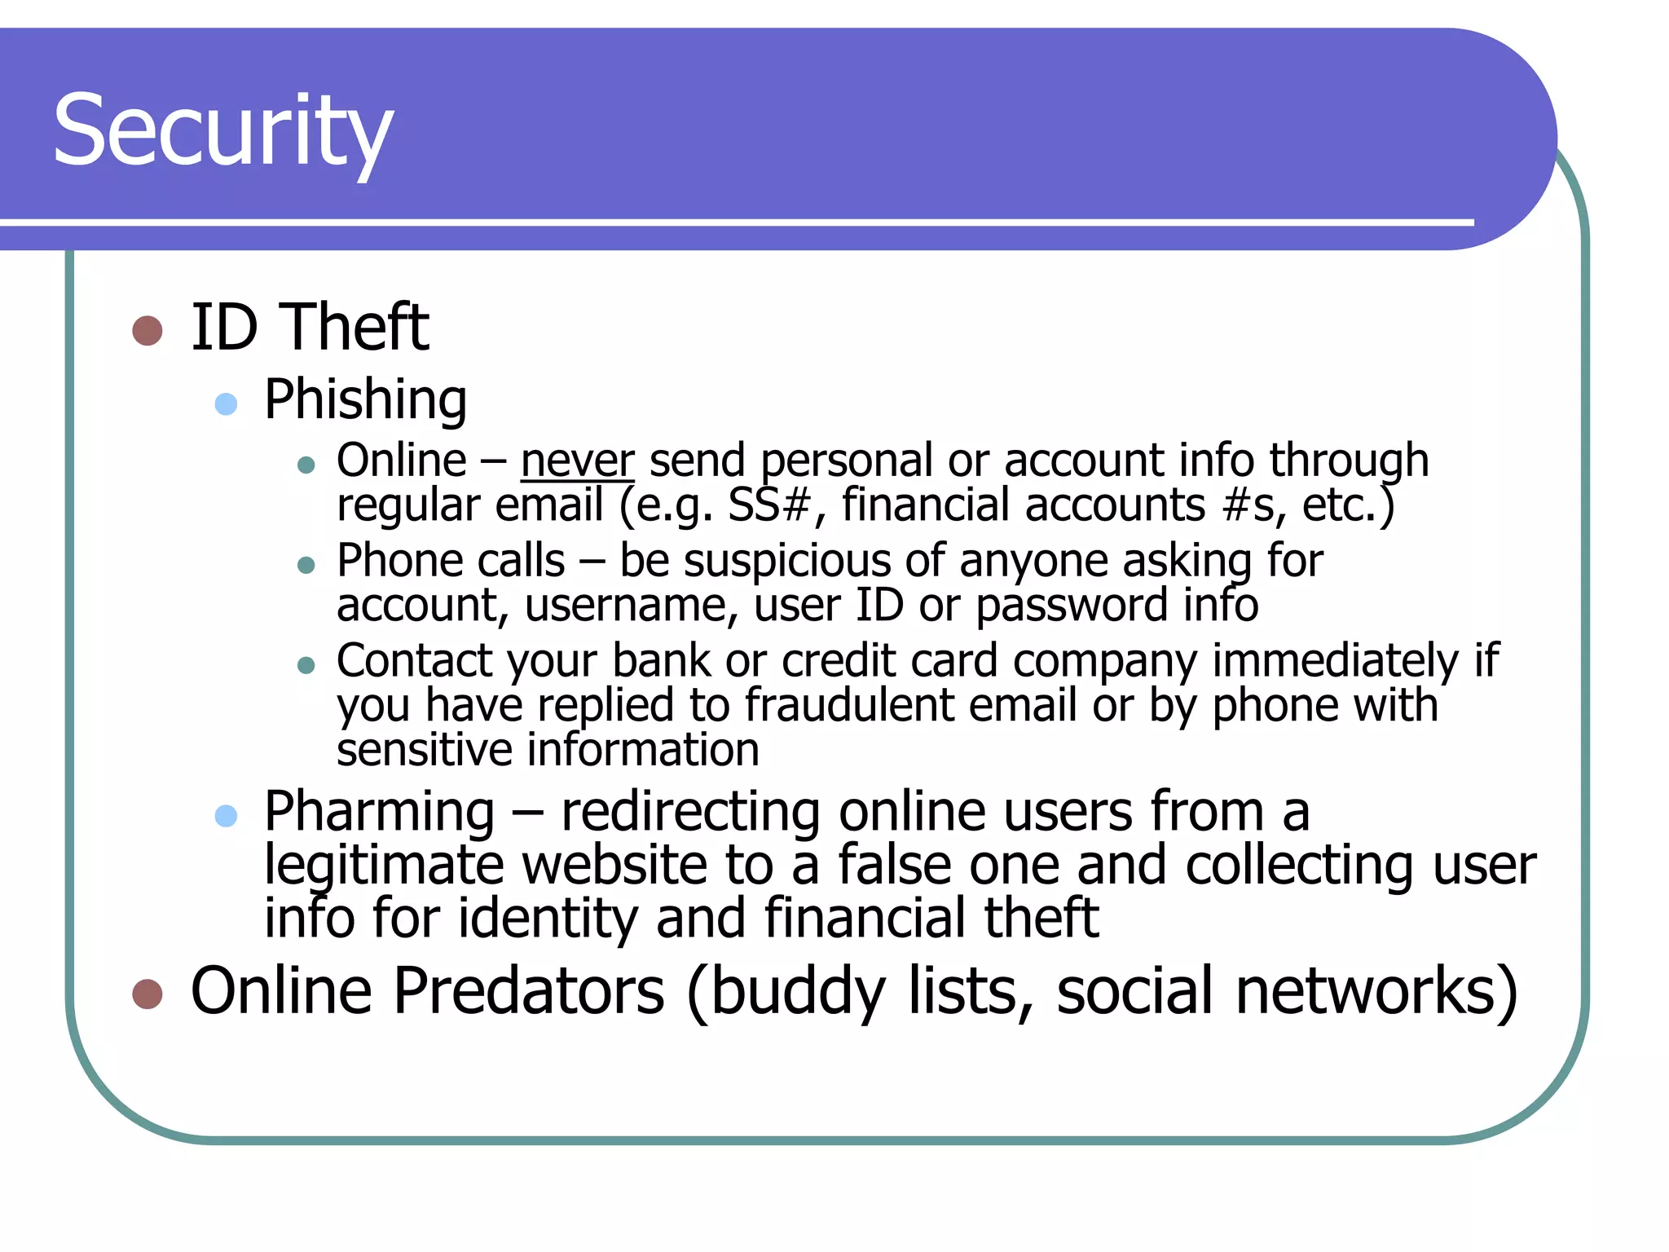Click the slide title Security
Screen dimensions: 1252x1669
(x=222, y=130)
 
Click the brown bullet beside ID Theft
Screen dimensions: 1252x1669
(x=148, y=331)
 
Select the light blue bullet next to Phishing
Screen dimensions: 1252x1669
(x=226, y=403)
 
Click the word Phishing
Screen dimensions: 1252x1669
(x=365, y=399)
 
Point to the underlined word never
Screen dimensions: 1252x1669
(x=577, y=461)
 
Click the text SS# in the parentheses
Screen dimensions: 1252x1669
(x=768, y=505)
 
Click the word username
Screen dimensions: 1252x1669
(x=631, y=606)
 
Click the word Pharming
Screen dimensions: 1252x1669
(x=379, y=812)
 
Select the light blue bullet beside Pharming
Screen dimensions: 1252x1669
(x=226, y=816)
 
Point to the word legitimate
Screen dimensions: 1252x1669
(x=383, y=866)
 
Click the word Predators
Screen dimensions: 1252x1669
(x=530, y=991)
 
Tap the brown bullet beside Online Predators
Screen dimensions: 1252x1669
(x=148, y=994)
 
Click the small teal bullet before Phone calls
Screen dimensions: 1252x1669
(x=306, y=565)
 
